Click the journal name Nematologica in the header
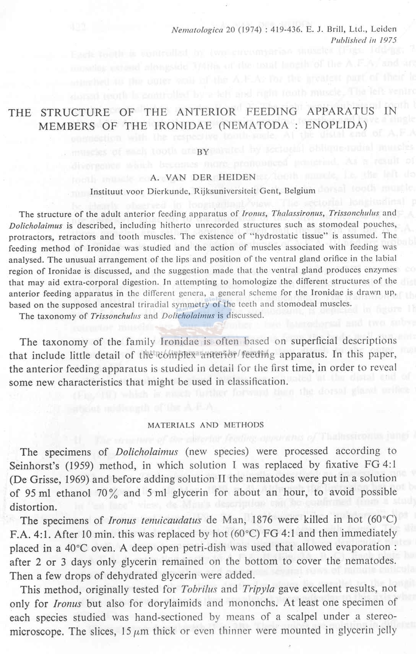pos(197,30)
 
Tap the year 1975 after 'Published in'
pos(387,40)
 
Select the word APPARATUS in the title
pos(340,111)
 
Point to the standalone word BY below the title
pos(203,152)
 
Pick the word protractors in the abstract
pos(31,236)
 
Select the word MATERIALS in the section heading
pos(171,425)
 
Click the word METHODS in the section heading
pos(244,425)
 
